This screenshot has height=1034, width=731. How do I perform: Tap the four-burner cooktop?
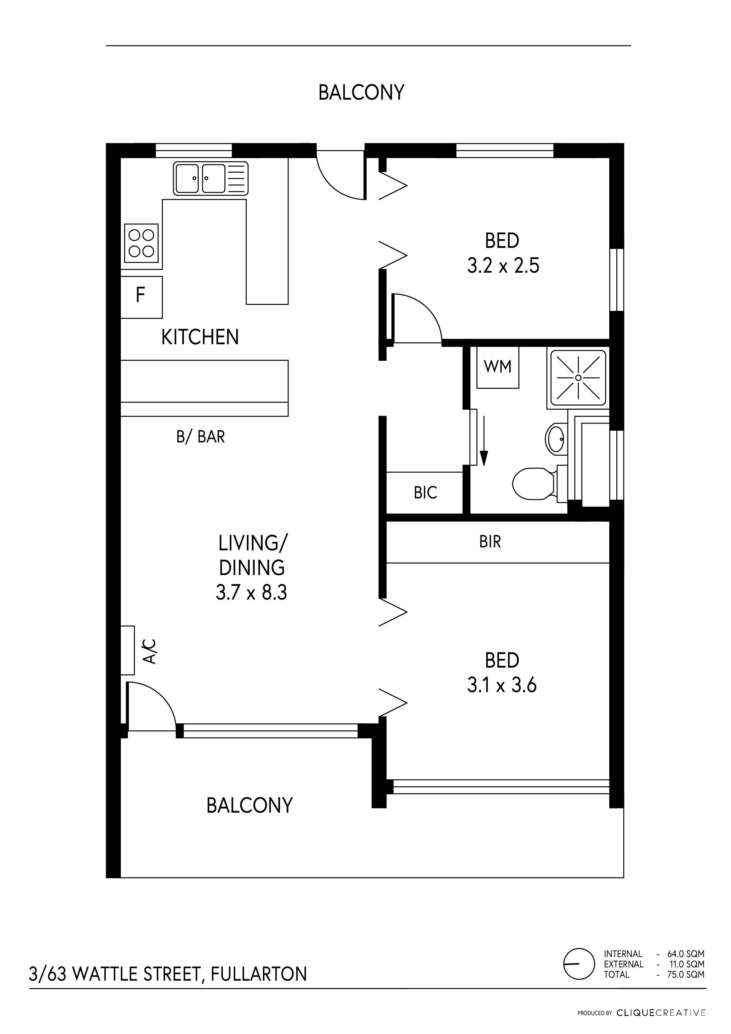141,243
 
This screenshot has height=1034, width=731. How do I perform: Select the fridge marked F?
141,296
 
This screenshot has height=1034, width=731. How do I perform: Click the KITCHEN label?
200,337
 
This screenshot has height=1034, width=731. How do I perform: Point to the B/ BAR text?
200,437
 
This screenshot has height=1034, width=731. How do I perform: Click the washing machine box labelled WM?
498,367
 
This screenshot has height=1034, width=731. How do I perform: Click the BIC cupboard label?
425,493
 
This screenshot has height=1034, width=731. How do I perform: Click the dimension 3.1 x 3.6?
502,685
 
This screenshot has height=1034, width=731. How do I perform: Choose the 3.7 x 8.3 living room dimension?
251,592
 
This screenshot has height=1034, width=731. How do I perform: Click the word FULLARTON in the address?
259,974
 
